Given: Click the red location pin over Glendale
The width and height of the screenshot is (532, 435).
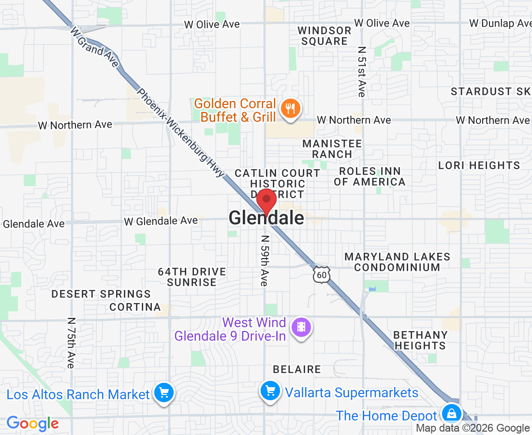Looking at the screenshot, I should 266,201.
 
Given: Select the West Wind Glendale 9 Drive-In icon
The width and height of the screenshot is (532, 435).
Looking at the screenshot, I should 301,328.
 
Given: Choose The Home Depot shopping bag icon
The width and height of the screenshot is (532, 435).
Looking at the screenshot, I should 451,414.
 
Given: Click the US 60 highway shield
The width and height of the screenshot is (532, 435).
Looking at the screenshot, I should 322,274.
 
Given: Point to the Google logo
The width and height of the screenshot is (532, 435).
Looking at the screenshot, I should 33,423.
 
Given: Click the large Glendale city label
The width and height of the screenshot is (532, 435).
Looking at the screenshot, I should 266,218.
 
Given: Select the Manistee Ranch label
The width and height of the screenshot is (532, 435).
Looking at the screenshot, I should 332,149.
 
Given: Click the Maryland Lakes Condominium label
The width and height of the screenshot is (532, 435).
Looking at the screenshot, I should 397,262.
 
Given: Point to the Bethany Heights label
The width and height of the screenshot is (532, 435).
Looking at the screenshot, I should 420,340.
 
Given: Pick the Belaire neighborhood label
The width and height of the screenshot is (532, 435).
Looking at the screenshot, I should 297,369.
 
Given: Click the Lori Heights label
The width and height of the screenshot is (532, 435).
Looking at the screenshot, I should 479,165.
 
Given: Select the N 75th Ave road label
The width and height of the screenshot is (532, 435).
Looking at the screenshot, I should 71,343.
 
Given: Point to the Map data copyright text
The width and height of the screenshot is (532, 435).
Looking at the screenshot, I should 473,428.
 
